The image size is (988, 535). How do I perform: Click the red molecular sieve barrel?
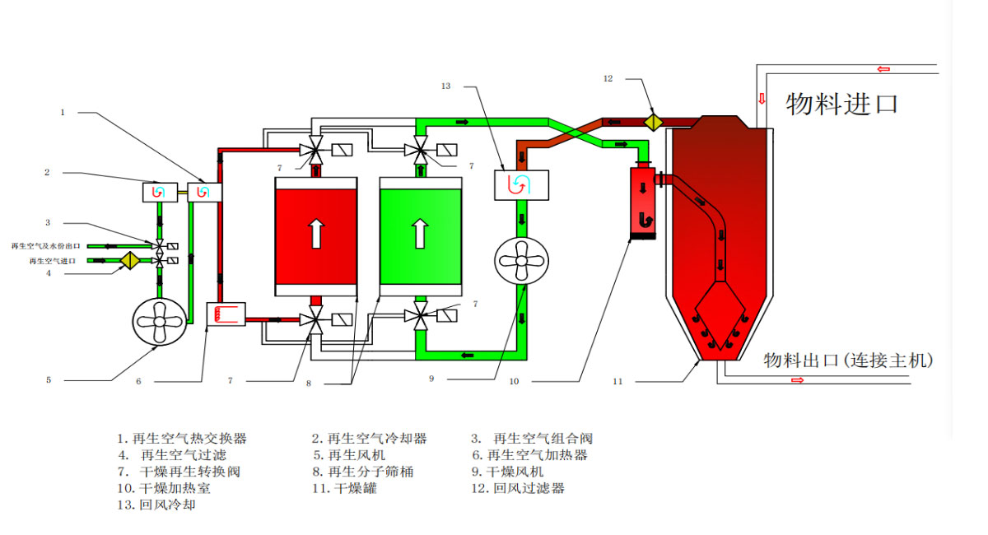(x=315, y=236)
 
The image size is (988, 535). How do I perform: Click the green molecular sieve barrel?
(x=420, y=236)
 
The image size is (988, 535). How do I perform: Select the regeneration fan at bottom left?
(x=159, y=323)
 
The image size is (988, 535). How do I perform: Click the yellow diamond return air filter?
(x=653, y=122)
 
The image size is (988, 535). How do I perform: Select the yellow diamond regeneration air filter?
(x=129, y=261)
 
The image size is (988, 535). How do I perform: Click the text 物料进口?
(x=841, y=104)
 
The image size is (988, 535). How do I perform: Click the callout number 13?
(x=445, y=86)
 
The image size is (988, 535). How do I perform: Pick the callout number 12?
(x=608, y=79)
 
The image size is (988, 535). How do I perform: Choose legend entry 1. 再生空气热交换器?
(x=181, y=439)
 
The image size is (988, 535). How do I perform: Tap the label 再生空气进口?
(x=54, y=261)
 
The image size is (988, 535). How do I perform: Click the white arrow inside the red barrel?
(x=315, y=234)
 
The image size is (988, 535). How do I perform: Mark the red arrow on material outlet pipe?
(x=797, y=380)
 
